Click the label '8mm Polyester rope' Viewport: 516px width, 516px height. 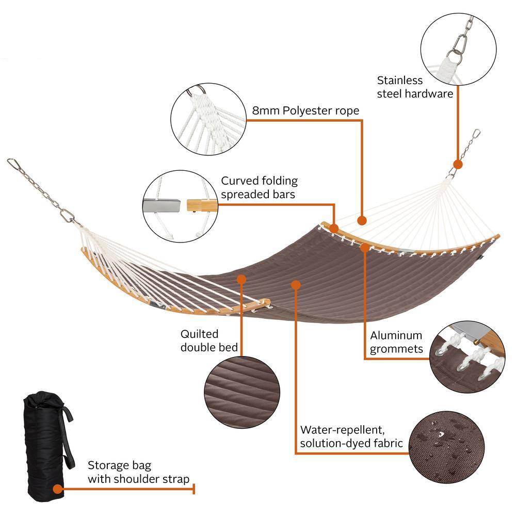click(x=305, y=110)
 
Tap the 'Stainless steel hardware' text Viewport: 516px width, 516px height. click(x=415, y=87)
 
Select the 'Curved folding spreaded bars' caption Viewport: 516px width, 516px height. click(x=260, y=187)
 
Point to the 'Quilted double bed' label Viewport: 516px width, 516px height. click(x=209, y=341)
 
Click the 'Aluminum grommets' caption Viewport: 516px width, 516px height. click(x=396, y=342)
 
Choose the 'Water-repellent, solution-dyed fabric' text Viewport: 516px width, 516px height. click(x=351, y=437)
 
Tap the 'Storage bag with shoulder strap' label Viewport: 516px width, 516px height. click(x=138, y=472)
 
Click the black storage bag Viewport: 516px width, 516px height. click(x=47, y=446)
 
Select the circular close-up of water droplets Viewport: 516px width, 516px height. click(x=446, y=446)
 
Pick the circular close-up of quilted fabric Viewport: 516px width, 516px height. click(x=242, y=392)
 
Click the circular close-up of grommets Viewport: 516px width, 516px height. click(x=467, y=357)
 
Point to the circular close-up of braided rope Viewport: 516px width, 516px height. click(x=208, y=119)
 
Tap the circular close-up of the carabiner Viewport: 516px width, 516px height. click(x=458, y=50)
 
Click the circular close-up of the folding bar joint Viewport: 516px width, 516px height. click(x=180, y=206)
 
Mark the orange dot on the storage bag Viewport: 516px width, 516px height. click(x=58, y=489)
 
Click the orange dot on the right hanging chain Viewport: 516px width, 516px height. click(x=458, y=165)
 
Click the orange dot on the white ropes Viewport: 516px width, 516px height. click(x=362, y=220)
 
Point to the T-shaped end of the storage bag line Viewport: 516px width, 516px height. click(x=194, y=489)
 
